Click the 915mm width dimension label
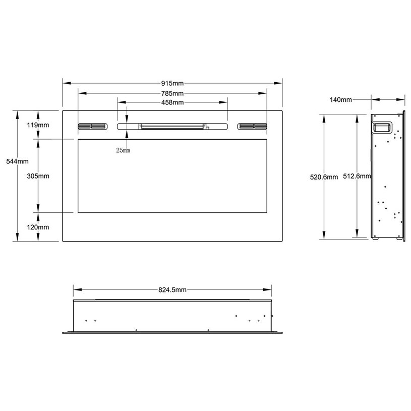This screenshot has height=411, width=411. [172, 83]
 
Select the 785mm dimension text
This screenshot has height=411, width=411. [172, 93]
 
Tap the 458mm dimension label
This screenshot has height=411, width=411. [172, 102]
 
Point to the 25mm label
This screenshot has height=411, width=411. [123, 150]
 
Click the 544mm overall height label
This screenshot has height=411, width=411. [17, 161]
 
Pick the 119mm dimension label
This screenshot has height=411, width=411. [38, 125]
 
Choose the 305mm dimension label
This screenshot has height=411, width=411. [38, 176]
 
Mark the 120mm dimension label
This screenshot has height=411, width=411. [38, 227]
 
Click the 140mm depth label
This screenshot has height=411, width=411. [341, 100]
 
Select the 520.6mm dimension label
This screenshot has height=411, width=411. [324, 177]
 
